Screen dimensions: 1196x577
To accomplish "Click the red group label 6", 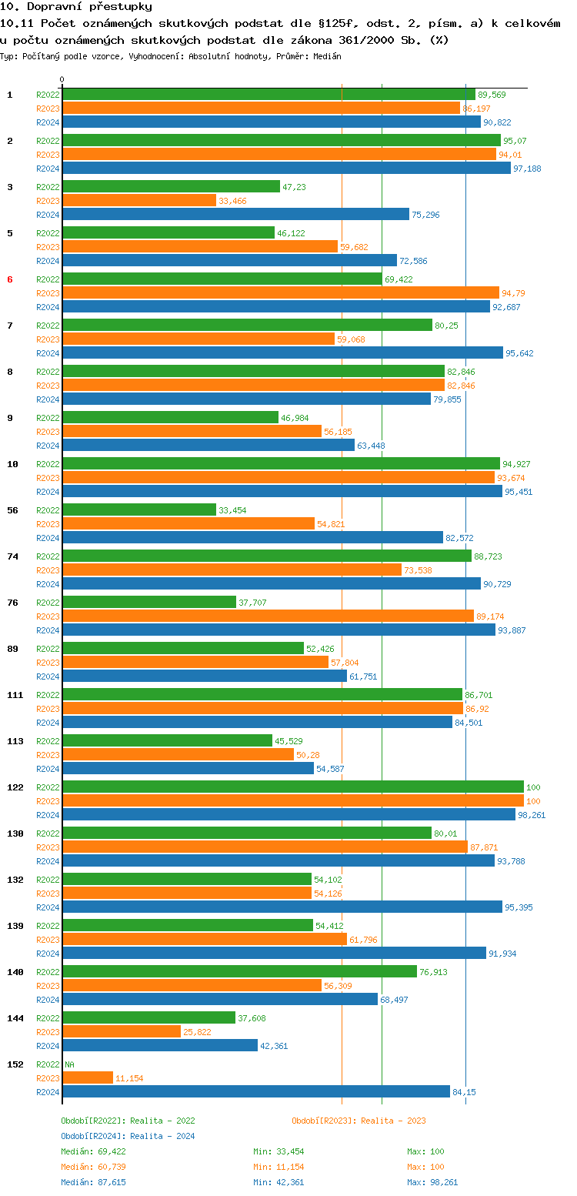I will (x=10, y=279).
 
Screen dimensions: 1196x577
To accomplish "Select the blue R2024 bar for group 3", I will (x=235, y=215).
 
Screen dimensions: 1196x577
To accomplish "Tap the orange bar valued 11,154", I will (x=88, y=1077).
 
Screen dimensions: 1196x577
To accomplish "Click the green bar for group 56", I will (x=139, y=510).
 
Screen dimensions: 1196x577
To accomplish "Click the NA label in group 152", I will (x=70, y=1064).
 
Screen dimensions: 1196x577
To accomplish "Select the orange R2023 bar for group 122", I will (x=292, y=801).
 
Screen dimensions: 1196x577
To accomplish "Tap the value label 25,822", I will (x=197, y=1032).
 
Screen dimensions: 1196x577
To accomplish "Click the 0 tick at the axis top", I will (x=62, y=79).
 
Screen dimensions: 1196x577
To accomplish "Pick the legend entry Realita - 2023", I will (x=359, y=1121).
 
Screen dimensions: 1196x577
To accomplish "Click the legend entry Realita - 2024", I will (x=128, y=1136).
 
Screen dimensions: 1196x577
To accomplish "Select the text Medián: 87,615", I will (x=93, y=1182).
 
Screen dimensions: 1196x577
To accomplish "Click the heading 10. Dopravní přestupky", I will (x=76, y=7).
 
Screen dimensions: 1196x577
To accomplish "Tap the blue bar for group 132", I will (x=282, y=907).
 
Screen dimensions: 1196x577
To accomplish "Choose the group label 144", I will (x=15, y=1018).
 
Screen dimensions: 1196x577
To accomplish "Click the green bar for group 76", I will (x=149, y=603).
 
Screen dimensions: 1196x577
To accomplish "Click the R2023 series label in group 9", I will (x=48, y=432).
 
